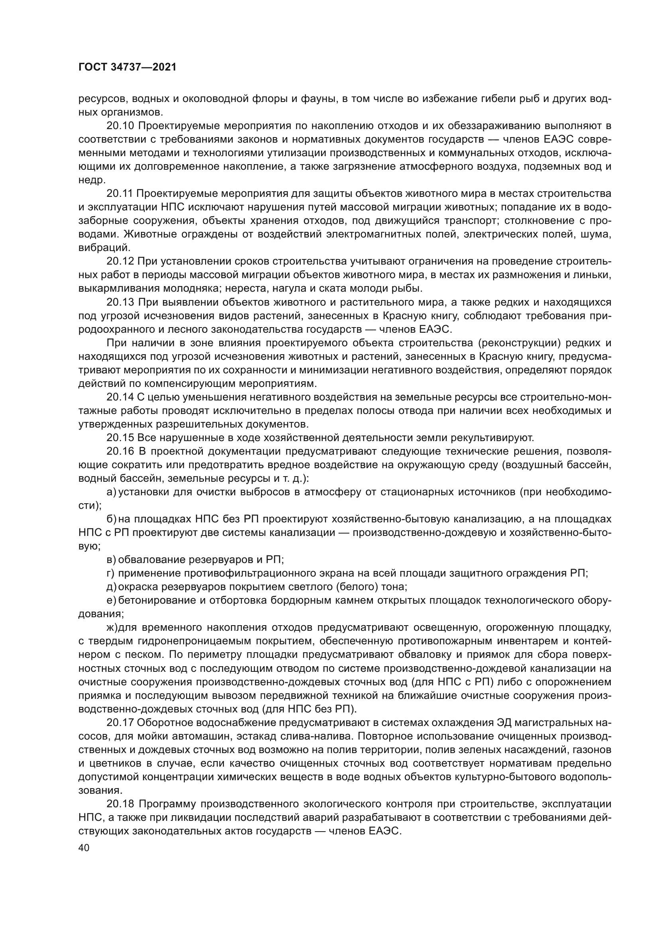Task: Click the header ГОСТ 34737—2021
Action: pyautogui.click(x=127, y=67)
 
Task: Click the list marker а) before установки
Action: pyautogui.click(x=111, y=492)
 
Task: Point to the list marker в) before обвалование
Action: pyautogui.click(x=111, y=560)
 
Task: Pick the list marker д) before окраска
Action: pyautogui.click(x=111, y=587)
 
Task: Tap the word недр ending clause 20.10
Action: pyautogui.click(x=90, y=180)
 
